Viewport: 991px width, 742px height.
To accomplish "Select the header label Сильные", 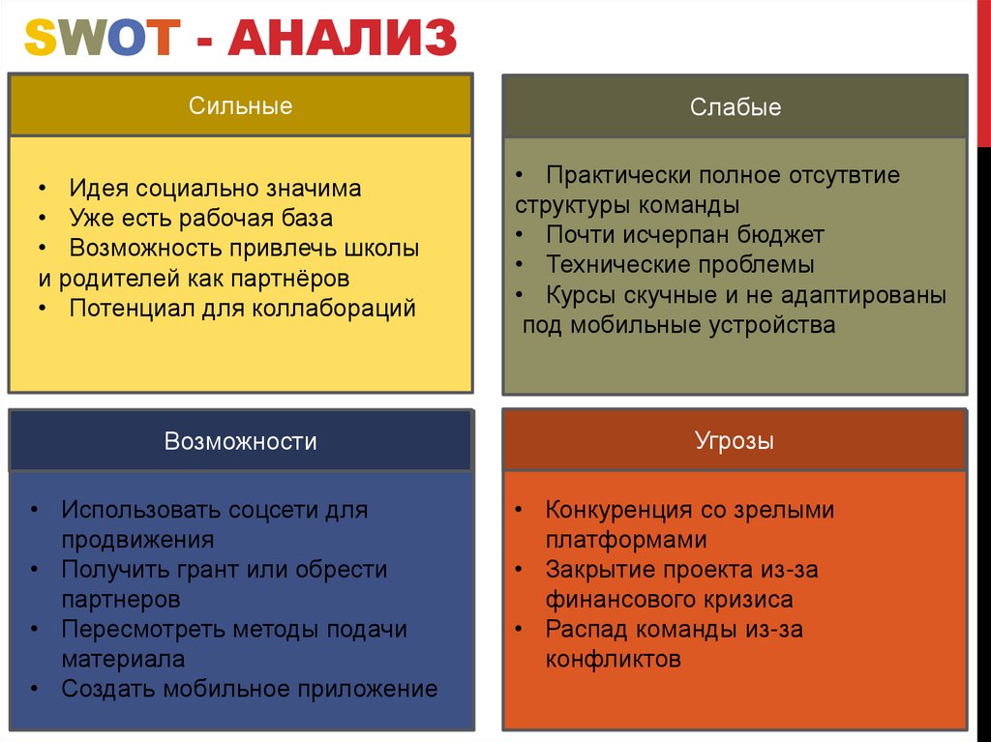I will click(240, 105).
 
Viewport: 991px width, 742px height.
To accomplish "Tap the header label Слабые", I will click(736, 106).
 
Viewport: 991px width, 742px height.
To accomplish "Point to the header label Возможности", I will click(240, 442).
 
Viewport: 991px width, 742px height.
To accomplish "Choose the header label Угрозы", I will click(735, 442).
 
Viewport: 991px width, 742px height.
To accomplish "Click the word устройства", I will click(762, 325).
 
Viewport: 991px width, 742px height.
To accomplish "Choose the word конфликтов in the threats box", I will click(614, 660).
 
